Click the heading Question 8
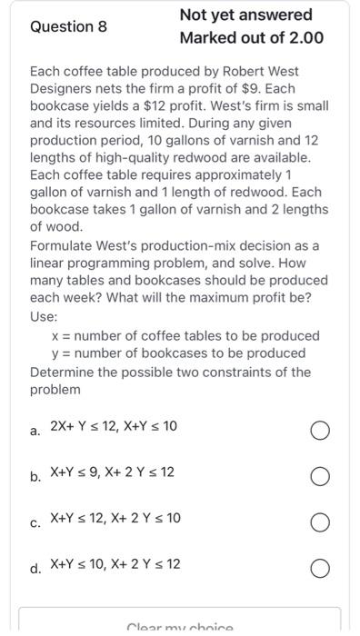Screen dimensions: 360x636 [69, 26]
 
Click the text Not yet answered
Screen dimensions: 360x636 [245, 15]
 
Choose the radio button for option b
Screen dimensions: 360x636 [319, 475]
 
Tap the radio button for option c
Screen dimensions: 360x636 [319, 522]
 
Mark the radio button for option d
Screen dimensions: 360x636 [319, 568]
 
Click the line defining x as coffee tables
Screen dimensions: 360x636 [185, 336]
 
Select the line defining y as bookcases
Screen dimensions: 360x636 [179, 353]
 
